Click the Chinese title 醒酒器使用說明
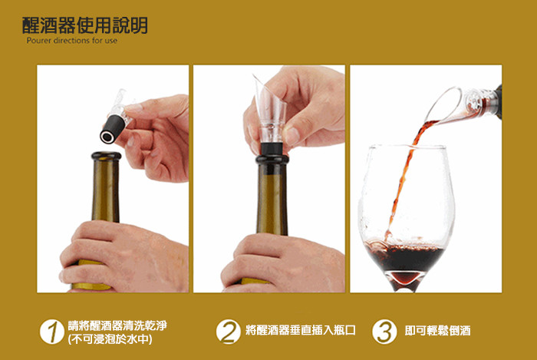84,25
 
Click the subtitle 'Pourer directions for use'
72,41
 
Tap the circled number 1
51,332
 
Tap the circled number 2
228,332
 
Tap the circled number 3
384,332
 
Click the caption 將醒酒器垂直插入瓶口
301,330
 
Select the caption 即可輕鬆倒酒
438,331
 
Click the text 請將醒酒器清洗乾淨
117,325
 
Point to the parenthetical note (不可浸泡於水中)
110,339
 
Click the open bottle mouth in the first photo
106,156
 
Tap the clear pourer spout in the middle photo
271,110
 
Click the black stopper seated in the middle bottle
272,149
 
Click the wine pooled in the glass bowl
405,256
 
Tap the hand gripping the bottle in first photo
124,256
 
